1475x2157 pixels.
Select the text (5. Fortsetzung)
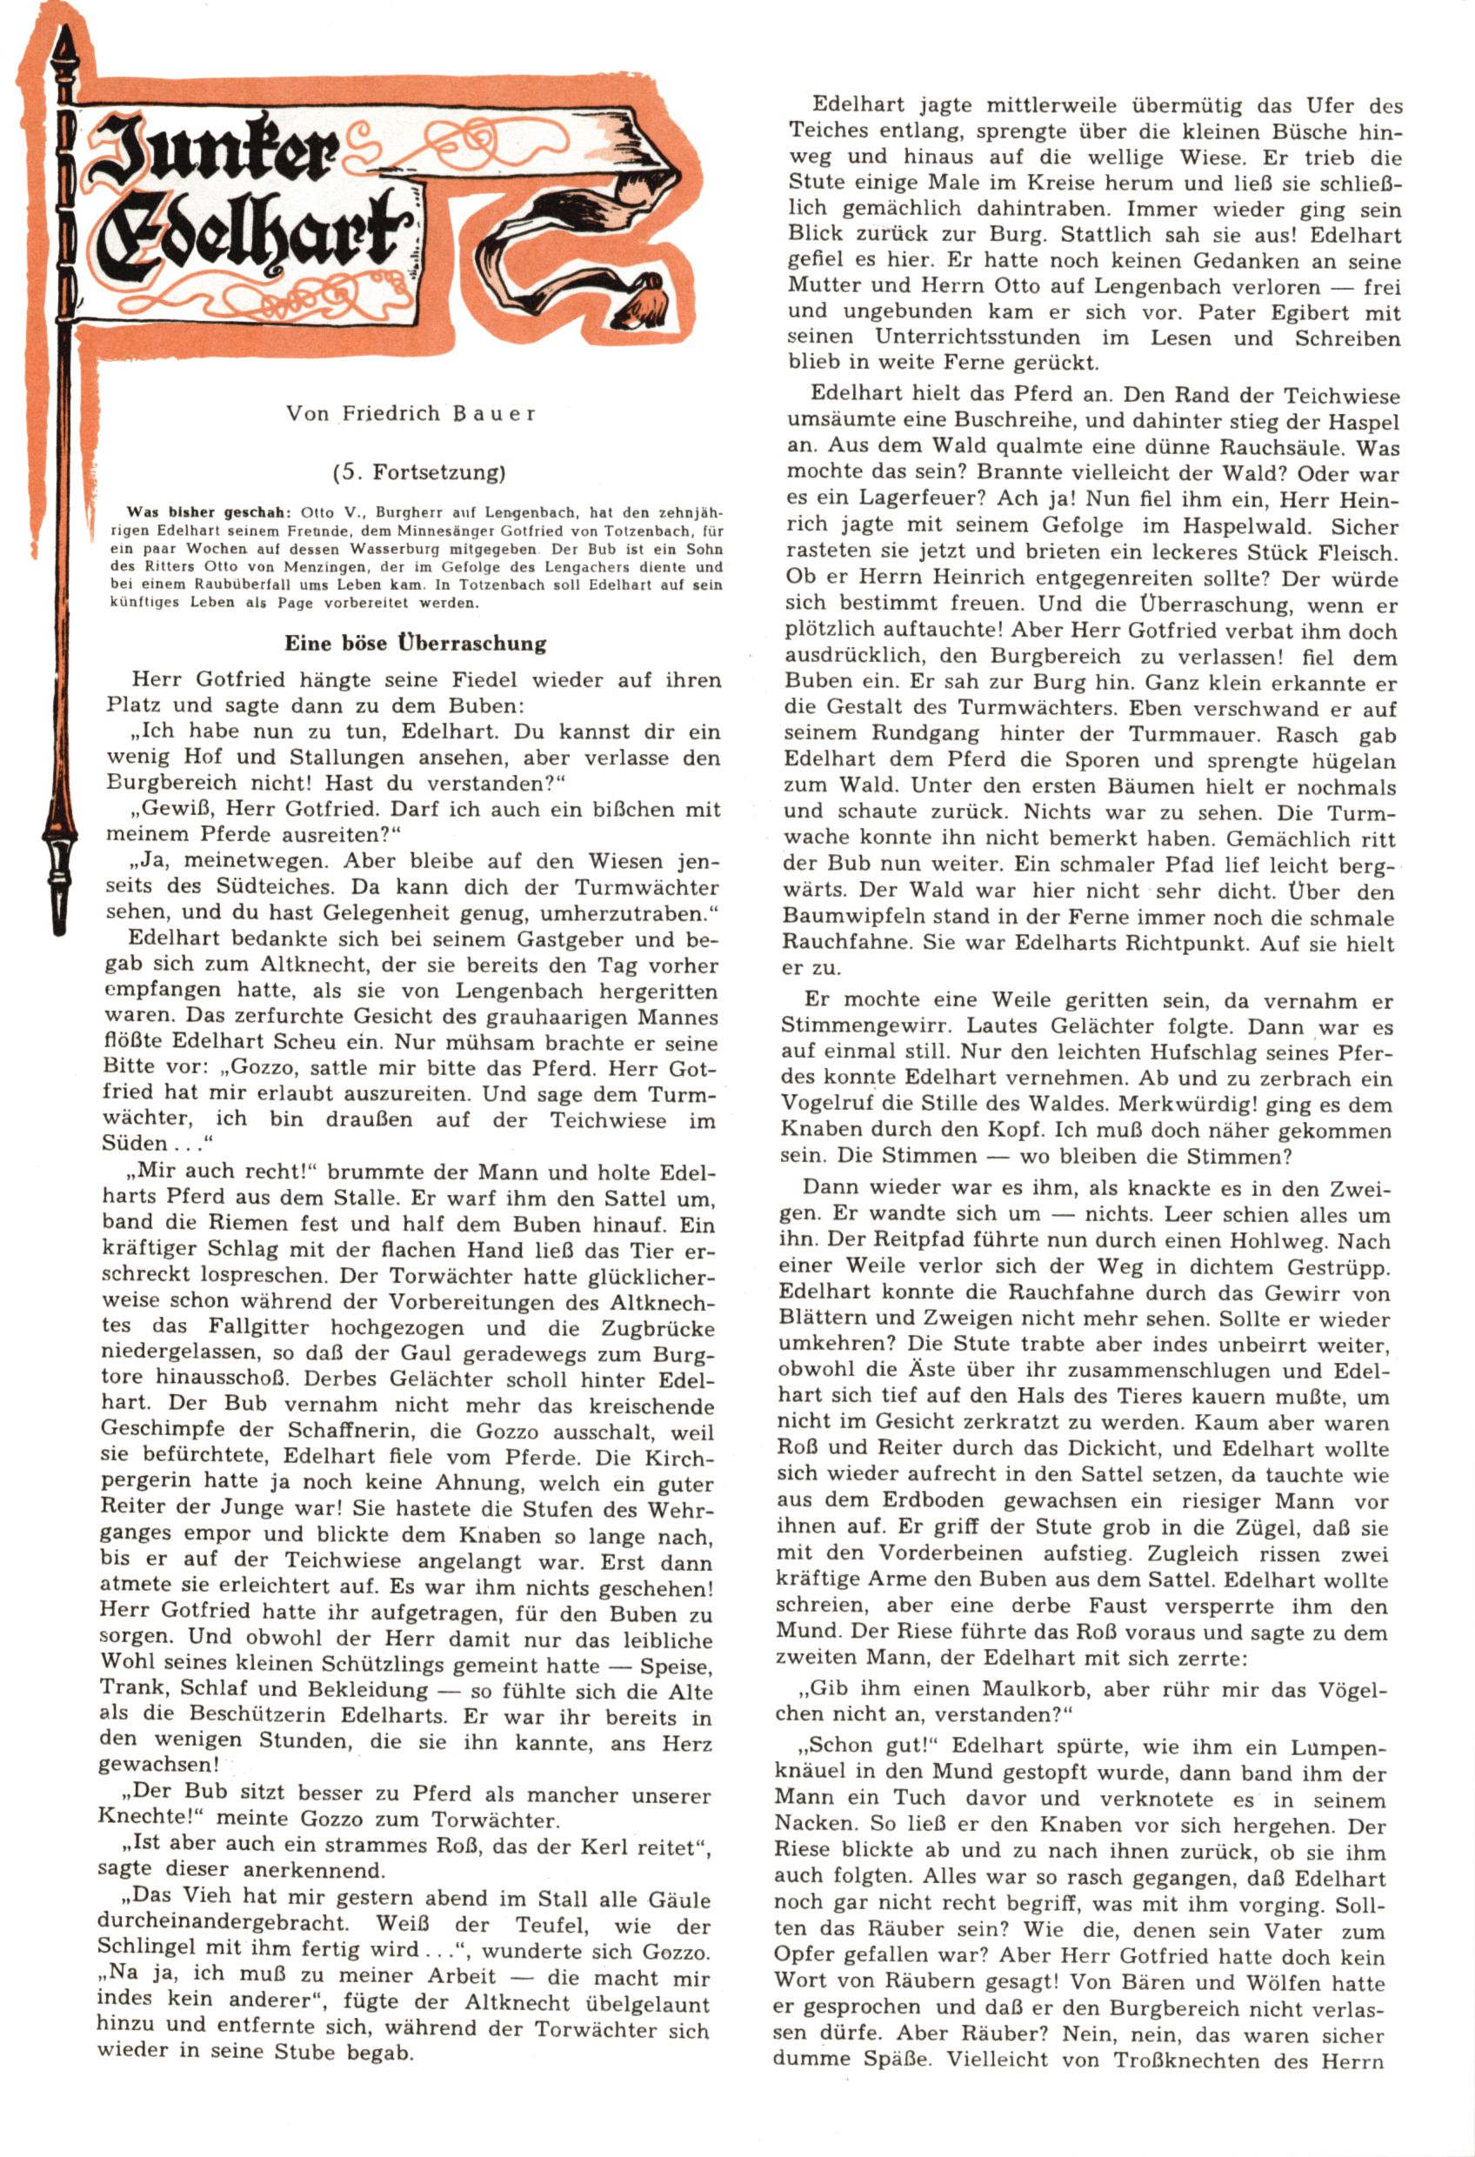coord(418,472)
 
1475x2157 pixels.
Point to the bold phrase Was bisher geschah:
coord(208,512)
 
